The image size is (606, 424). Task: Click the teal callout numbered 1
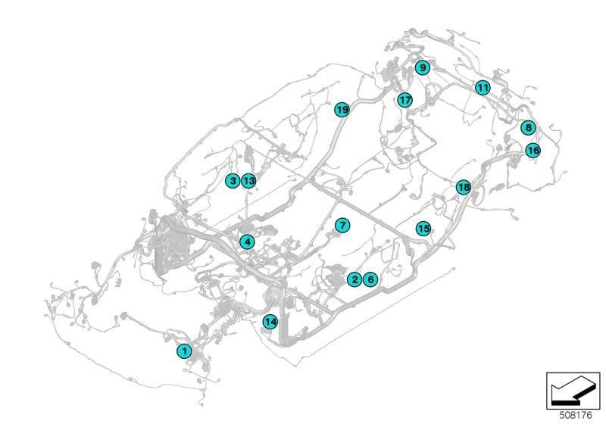point(184,351)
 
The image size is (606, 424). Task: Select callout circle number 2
point(355,279)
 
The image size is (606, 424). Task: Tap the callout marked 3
point(233,180)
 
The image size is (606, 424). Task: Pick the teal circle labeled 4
point(248,242)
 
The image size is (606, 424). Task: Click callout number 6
point(370,279)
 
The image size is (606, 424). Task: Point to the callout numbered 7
point(342,225)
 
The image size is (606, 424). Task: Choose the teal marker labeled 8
point(528,127)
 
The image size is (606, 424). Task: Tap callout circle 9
point(423,68)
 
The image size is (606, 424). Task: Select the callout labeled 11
point(483,88)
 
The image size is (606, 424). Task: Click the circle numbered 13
point(249,180)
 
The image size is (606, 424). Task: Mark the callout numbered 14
point(270,322)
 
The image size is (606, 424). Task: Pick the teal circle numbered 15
point(423,228)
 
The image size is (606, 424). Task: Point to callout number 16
point(533,150)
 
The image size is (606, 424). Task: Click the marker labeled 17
point(405,100)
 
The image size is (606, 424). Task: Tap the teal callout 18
point(464,187)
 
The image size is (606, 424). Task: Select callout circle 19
point(342,110)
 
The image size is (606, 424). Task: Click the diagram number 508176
point(576,416)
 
